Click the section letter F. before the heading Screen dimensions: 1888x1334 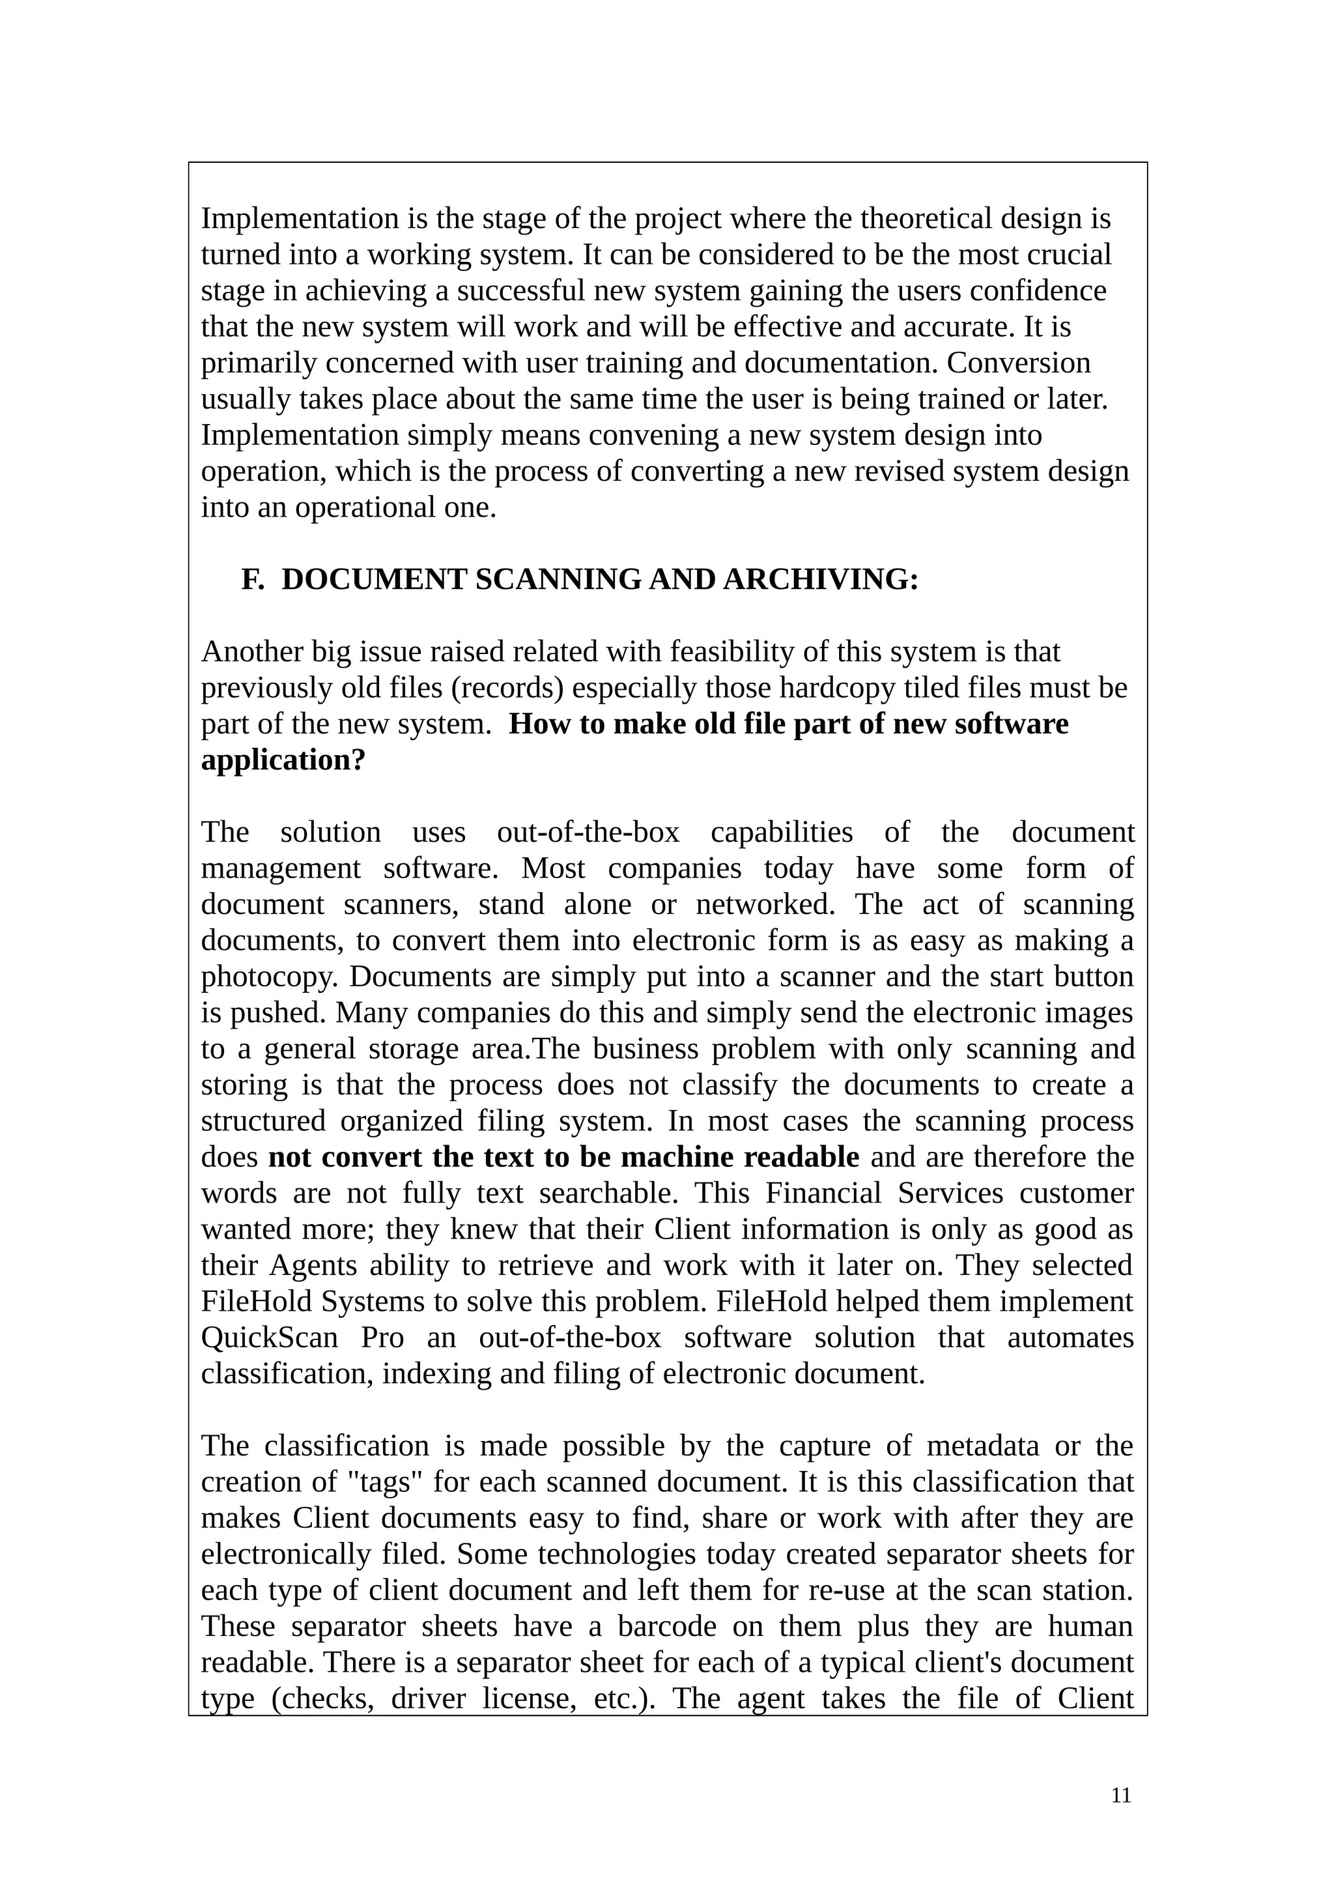point(252,580)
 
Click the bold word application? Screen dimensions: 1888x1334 point(283,761)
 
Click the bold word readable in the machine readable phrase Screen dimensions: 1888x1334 point(801,1157)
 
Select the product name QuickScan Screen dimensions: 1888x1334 point(270,1338)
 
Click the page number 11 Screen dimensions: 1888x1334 point(1120,1796)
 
